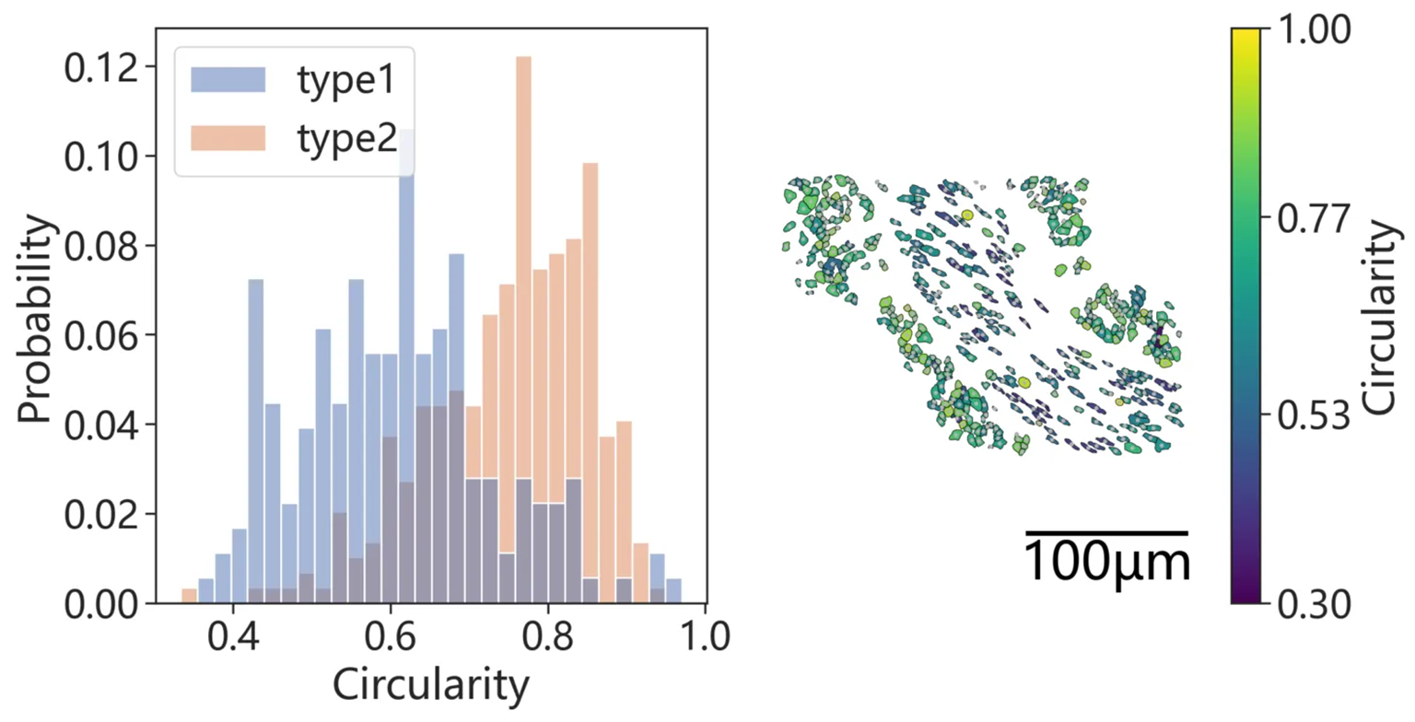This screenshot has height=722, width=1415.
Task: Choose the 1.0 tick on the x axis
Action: (x=705, y=637)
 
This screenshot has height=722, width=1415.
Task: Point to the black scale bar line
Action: (x=1106, y=532)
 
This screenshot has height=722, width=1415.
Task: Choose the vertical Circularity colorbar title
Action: (x=1386, y=316)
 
